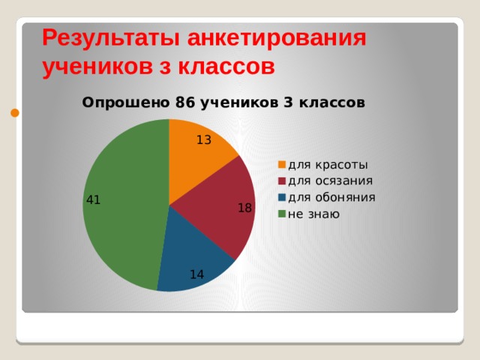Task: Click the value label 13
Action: (x=204, y=140)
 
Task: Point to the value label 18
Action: (x=245, y=208)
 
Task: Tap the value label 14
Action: (x=196, y=274)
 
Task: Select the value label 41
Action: (x=93, y=200)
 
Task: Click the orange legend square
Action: (x=282, y=165)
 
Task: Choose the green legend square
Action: (x=282, y=214)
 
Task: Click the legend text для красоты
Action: (x=328, y=165)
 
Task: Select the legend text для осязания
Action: (x=330, y=181)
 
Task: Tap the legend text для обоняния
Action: (x=331, y=197)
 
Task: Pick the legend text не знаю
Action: (x=313, y=214)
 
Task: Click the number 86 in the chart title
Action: (x=185, y=103)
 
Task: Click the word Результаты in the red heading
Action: (x=111, y=39)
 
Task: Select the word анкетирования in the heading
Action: (x=277, y=38)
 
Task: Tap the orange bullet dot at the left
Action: (x=15, y=113)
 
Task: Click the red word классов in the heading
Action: (x=226, y=67)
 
